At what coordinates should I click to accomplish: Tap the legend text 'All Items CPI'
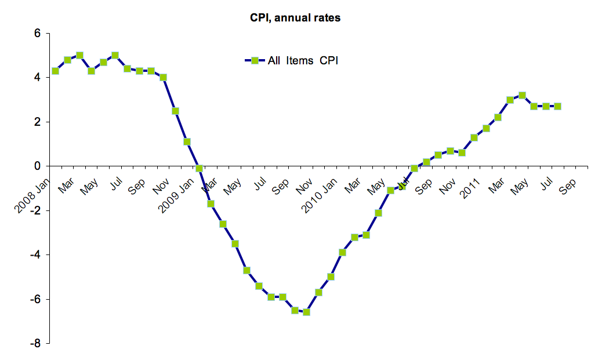click(303, 60)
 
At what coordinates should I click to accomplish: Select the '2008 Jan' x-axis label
click(32, 192)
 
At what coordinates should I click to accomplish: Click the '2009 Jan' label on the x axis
click(177, 192)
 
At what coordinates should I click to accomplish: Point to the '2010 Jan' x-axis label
click(321, 192)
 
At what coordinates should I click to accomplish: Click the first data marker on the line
click(55, 71)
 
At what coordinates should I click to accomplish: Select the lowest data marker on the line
click(306, 312)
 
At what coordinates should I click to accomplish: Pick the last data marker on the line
click(557, 106)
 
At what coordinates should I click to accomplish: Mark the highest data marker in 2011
click(522, 95)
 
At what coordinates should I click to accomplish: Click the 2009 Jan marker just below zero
click(199, 168)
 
